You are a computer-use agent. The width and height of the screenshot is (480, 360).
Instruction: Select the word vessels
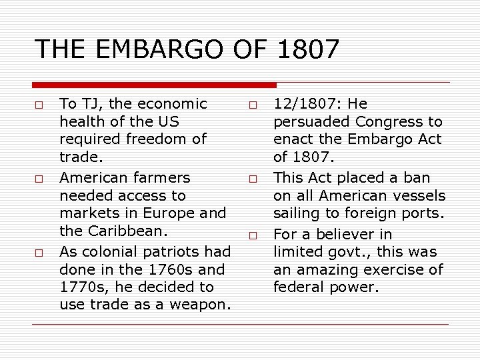(421, 196)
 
